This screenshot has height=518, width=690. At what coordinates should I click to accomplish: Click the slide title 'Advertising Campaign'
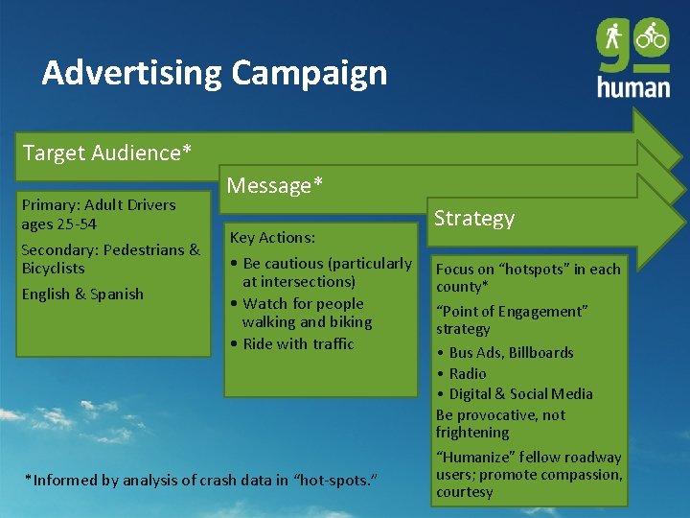coord(215,73)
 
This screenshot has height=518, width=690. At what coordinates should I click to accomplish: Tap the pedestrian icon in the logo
coord(613,37)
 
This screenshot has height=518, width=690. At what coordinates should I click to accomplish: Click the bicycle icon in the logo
coord(652,36)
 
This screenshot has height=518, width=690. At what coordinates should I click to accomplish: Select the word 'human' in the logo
coord(633,85)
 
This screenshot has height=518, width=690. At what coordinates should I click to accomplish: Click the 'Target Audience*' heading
coord(106,153)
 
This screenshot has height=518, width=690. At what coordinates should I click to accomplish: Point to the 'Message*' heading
coord(269,185)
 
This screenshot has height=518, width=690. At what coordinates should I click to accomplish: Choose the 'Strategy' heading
coord(474,218)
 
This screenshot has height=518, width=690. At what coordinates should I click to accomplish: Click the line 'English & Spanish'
coord(82,294)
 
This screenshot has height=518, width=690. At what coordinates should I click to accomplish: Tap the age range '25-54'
coord(78,224)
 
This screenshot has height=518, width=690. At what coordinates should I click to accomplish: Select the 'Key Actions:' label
coord(272,237)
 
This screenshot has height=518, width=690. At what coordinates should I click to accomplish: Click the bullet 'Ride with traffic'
coord(298,343)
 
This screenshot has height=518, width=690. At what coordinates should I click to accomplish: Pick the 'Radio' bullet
coord(468,373)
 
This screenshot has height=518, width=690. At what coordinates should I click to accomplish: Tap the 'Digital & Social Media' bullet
coord(520,393)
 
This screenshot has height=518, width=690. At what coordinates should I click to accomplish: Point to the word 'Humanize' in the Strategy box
coord(476,458)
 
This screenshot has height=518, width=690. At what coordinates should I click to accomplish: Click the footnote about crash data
coord(200,480)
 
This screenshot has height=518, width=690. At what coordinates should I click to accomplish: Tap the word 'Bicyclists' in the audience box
coord(54,268)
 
